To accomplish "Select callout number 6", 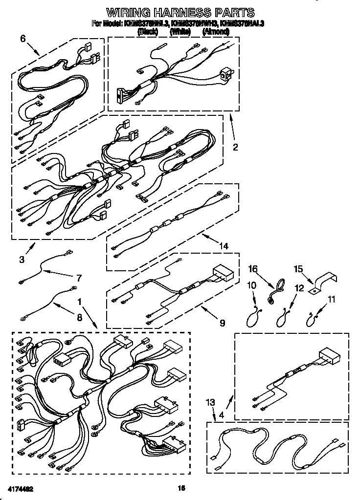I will coord(22,39).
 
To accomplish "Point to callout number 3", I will coord(22,260).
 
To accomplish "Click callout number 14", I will coord(224,246).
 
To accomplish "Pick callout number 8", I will coord(79,317).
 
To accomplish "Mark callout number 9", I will coord(222,322).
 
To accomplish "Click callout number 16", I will coord(252,269).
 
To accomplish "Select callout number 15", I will coord(298,269).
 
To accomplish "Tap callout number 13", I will coord(210,402).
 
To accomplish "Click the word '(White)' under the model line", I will coord(180,32).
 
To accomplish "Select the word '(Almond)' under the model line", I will coord(216,32).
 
